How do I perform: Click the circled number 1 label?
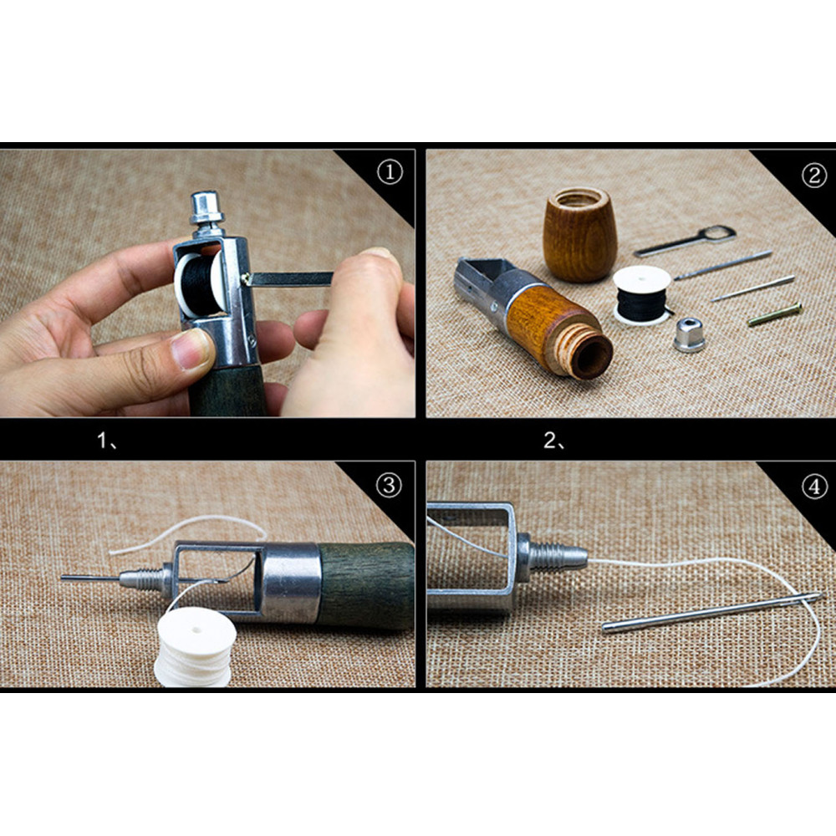pyautogui.click(x=390, y=173)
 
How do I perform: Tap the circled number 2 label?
pyautogui.click(x=814, y=176)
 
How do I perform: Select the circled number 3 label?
pyautogui.click(x=389, y=485)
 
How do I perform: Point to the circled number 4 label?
pyautogui.click(x=814, y=487)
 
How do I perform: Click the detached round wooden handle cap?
pyautogui.click(x=580, y=234)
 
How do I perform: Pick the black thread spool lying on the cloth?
pyautogui.click(x=641, y=295)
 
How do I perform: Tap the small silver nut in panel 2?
pyautogui.click(x=690, y=334)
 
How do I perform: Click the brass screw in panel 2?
pyautogui.click(x=775, y=314)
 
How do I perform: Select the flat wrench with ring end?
pyautogui.click(x=686, y=241)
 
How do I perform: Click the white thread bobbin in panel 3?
pyautogui.click(x=195, y=647)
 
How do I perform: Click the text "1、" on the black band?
pyautogui.click(x=108, y=441)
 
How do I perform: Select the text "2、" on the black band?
pyautogui.click(x=555, y=441)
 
